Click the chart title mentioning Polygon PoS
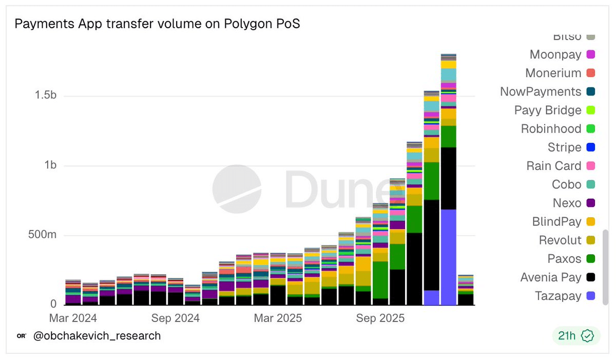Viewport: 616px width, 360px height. [157, 24]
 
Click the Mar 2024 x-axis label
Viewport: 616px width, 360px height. [73, 318]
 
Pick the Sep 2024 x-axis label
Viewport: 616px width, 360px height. [175, 318]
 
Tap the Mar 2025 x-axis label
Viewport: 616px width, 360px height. [278, 318]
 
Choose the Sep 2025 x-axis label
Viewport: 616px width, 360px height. [380, 318]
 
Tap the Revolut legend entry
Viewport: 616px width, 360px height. [560, 240]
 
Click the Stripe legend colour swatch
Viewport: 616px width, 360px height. [590, 147]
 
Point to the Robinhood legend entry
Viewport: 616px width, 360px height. [551, 129]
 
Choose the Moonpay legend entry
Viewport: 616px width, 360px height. [555, 54]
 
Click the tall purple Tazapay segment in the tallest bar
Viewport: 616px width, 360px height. [449, 257]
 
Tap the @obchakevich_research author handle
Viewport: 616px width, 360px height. [97, 336]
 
